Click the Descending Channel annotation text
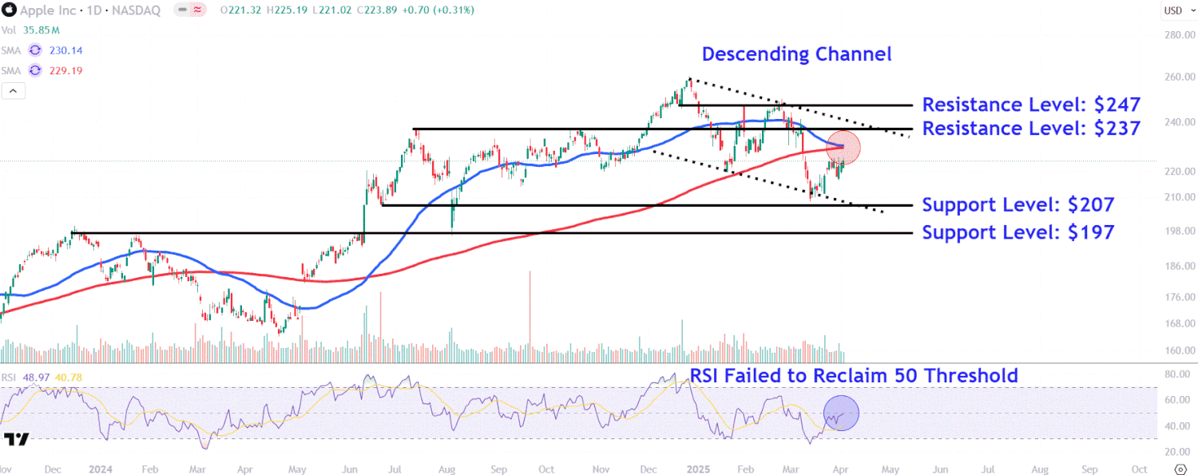pyautogui.click(x=796, y=54)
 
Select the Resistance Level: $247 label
pyautogui.click(x=1031, y=105)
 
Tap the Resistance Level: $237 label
pyautogui.click(x=1031, y=128)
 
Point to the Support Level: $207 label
pyautogui.click(x=1018, y=204)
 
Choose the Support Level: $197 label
pyautogui.click(x=1018, y=232)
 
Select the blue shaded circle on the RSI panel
pyautogui.click(x=840, y=414)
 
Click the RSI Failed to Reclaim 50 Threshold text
pyautogui.click(x=854, y=375)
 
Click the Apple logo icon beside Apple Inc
pyautogui.click(x=10, y=10)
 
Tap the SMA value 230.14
pyautogui.click(x=65, y=50)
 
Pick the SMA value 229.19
pyautogui.click(x=65, y=71)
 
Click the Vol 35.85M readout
pyautogui.click(x=31, y=30)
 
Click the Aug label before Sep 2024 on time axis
pyautogui.click(x=447, y=469)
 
